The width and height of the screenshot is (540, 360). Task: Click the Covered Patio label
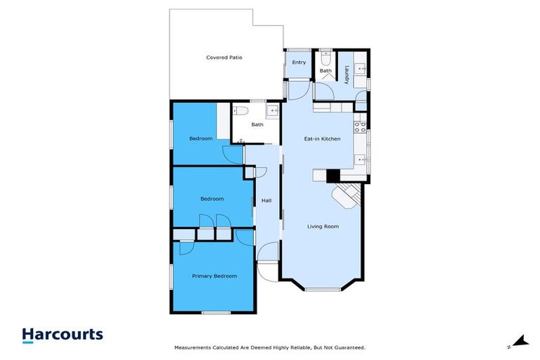224,57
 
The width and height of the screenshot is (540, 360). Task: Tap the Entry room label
299,62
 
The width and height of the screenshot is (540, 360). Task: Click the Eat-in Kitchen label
322,139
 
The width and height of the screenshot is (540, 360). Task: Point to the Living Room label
323,226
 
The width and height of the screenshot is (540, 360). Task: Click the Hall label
266,201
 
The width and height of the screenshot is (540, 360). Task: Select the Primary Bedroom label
214,276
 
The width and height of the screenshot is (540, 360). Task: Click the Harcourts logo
63,335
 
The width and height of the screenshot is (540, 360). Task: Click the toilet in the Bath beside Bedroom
239,112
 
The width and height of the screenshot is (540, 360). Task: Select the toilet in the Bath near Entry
326,56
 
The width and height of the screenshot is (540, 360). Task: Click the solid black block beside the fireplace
333,176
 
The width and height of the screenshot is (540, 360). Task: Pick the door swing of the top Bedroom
232,155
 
